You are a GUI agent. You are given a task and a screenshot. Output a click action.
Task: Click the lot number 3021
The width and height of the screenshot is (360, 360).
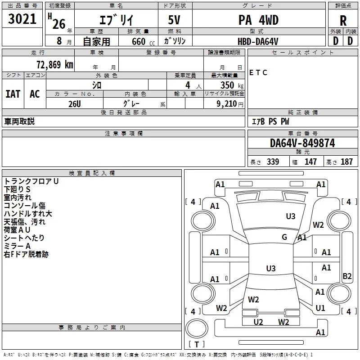point(22,19)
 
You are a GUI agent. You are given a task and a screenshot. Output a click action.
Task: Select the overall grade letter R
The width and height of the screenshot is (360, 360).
point(343,21)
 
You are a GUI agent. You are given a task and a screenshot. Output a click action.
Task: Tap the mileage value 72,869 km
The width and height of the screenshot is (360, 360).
point(55,65)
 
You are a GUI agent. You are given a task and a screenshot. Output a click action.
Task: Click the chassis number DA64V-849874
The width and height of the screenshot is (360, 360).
point(302,143)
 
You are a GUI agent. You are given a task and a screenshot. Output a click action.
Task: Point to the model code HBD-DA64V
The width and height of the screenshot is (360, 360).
point(258,41)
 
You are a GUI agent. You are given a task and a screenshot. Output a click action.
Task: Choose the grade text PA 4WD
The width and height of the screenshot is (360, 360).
point(258,20)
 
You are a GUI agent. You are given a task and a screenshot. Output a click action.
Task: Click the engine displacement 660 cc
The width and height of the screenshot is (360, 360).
point(143,42)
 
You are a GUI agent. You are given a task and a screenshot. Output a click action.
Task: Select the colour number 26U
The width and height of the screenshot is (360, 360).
point(75,104)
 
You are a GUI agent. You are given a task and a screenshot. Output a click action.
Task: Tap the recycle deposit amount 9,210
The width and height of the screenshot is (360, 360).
point(227,104)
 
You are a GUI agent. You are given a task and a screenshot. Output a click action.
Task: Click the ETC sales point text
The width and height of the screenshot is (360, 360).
point(258,72)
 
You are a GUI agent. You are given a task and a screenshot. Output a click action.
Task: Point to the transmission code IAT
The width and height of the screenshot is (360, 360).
point(13,94)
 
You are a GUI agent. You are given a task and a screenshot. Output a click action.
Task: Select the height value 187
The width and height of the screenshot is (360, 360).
point(346,162)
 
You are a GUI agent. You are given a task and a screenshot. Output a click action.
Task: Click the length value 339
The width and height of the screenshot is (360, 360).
point(273,162)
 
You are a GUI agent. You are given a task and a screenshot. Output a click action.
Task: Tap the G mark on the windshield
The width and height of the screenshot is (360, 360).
point(284,237)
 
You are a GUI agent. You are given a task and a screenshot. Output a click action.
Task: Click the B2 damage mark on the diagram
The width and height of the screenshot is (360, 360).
point(347,276)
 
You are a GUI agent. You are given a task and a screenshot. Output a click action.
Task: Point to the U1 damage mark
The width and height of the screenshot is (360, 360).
point(320,308)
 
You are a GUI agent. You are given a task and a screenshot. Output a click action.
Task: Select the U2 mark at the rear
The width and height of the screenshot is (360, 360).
point(258,322)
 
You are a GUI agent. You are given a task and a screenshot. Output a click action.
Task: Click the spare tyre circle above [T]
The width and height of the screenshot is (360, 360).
point(197,328)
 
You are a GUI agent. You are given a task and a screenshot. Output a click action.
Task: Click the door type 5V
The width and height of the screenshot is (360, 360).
point(174,20)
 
